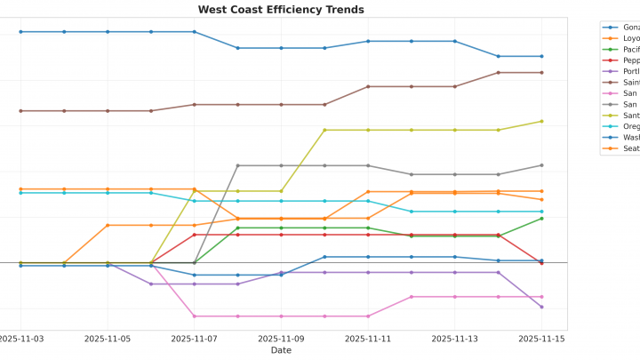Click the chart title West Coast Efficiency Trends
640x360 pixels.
(x=280, y=10)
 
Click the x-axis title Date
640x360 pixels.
(x=280, y=350)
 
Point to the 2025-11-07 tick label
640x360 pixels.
(x=195, y=339)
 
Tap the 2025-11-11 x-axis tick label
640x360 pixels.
(x=368, y=339)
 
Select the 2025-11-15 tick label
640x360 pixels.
(x=541, y=339)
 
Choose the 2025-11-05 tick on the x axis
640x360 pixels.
(x=108, y=339)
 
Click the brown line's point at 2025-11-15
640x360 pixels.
(x=541, y=73)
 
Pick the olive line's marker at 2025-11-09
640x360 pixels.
(x=281, y=191)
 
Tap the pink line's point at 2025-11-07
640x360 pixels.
(x=195, y=316)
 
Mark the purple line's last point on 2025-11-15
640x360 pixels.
(x=541, y=307)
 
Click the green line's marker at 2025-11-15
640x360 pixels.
(x=541, y=219)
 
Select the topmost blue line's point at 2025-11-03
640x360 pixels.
(x=20, y=32)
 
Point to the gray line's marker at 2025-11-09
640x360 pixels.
(x=281, y=165)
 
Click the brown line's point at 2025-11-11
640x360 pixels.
(x=368, y=86)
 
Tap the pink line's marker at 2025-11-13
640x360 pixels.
(x=455, y=297)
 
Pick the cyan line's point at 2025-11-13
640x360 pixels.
(x=455, y=212)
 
